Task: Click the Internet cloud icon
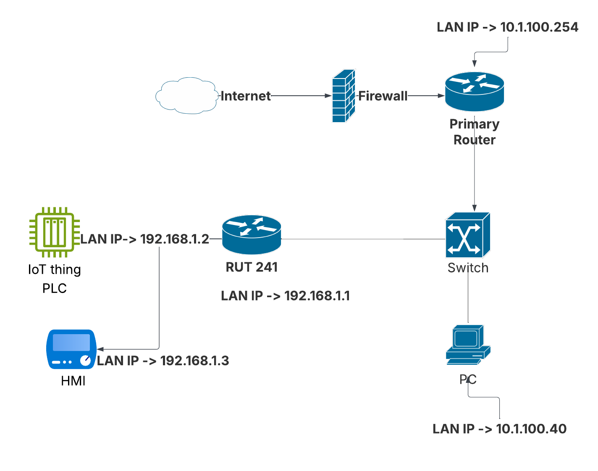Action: (x=186, y=96)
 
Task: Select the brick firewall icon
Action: (x=344, y=96)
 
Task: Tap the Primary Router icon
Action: (x=474, y=92)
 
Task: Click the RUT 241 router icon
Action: (x=252, y=235)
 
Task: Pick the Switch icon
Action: (x=467, y=235)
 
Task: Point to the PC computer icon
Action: (x=467, y=344)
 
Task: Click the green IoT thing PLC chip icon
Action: (x=54, y=232)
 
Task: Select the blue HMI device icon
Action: (x=71, y=349)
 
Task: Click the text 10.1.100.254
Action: (x=539, y=27)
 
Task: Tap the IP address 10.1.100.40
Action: (x=531, y=429)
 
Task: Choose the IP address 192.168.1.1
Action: (x=317, y=296)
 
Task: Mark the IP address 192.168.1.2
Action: (x=174, y=239)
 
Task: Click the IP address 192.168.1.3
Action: (x=194, y=361)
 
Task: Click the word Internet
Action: (x=246, y=96)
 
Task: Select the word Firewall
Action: (x=383, y=96)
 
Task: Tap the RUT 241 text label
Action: (x=252, y=267)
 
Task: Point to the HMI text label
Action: (x=73, y=381)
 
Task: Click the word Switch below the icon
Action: (x=468, y=268)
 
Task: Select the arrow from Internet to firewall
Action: (x=300, y=96)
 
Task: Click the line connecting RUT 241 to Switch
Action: (x=361, y=239)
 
